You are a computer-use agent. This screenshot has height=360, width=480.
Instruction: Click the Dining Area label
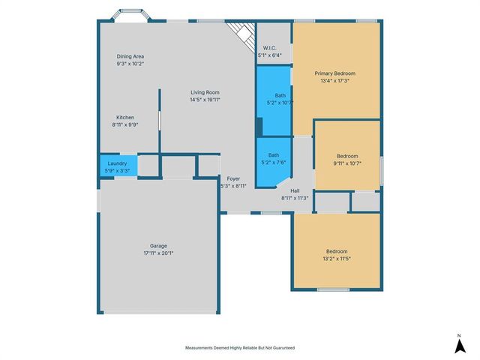point(130,56)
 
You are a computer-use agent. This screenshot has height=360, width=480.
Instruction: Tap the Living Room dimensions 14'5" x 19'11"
point(205,100)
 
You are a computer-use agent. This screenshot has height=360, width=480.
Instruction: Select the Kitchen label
point(125,118)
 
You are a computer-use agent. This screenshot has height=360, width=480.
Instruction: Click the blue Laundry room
point(118,166)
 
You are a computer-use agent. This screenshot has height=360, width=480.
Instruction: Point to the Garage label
point(158,246)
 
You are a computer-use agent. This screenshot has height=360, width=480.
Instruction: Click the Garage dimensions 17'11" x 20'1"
point(158,253)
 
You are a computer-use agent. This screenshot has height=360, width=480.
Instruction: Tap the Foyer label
point(233,178)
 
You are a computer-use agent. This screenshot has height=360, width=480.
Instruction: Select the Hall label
point(295,190)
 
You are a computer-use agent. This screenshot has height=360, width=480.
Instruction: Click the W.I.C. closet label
point(270,48)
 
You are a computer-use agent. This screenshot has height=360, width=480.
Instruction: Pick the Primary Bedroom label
point(335,73)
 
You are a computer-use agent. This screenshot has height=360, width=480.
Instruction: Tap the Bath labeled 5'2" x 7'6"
point(273,162)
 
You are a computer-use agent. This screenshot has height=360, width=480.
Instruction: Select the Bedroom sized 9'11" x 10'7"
point(347,155)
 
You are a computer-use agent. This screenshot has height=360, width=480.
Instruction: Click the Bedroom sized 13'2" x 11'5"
point(337,251)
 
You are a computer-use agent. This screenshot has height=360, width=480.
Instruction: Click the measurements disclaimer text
point(240,348)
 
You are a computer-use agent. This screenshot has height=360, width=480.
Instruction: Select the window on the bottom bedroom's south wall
point(333,289)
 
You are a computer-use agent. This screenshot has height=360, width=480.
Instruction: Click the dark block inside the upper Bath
point(259,127)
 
